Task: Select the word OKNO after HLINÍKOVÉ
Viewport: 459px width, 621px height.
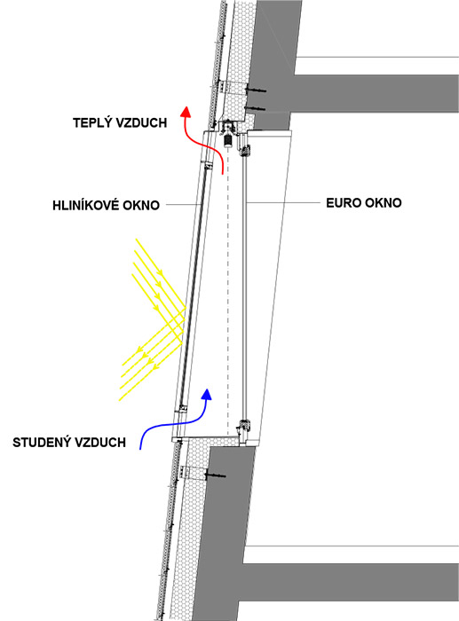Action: (141, 205)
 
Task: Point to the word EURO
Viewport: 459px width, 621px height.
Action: (342, 203)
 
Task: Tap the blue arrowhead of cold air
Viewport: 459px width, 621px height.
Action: (207, 394)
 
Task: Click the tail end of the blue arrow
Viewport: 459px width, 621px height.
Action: (140, 449)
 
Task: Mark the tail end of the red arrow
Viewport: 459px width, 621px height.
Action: (223, 174)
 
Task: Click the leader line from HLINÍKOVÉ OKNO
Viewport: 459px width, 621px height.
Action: (184, 205)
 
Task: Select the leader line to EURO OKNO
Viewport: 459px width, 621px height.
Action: (283, 203)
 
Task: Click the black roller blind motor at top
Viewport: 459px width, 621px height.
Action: (227, 140)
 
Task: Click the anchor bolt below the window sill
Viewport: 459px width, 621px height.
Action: (215, 475)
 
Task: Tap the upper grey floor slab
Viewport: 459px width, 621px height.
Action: (376, 92)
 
